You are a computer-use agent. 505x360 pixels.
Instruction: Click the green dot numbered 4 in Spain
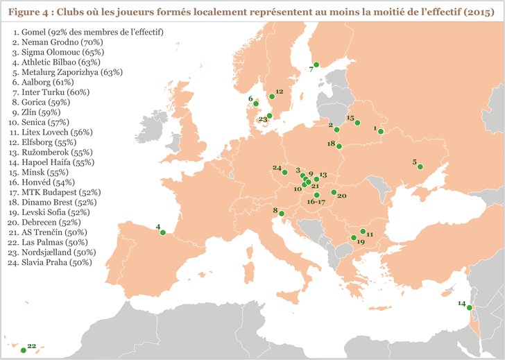(162, 233)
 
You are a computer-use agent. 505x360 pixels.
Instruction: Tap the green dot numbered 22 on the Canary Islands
(23, 350)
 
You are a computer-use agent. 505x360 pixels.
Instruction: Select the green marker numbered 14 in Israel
(470, 308)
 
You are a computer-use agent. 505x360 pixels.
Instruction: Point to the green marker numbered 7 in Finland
(316, 65)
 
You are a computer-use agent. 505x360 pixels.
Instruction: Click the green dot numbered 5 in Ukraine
(420, 166)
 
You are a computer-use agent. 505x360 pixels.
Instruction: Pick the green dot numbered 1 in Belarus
(380, 131)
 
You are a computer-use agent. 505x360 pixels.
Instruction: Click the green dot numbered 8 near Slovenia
(282, 214)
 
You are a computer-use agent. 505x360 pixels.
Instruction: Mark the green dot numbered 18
(339, 146)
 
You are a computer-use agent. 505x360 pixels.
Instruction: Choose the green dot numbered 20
(334, 193)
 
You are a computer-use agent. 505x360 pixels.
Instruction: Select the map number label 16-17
(316, 202)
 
